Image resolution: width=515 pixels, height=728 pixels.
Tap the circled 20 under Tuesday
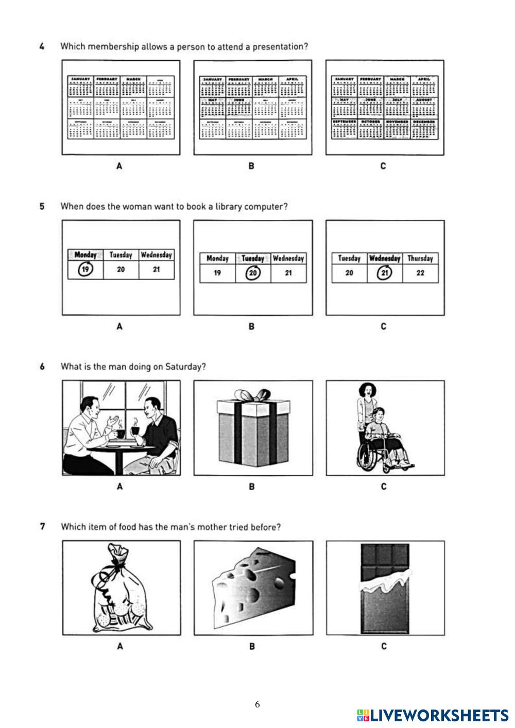point(252,273)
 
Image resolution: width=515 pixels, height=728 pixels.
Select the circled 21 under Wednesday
point(384,273)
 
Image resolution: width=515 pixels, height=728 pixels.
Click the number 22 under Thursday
point(420,273)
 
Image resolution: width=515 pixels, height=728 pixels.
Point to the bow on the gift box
point(252,396)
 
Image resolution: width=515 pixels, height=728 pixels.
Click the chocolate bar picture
point(385,588)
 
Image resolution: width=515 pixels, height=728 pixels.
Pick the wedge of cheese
point(253,584)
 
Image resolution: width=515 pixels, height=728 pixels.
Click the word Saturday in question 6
point(184,367)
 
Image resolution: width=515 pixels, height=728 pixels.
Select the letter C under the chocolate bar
point(384,646)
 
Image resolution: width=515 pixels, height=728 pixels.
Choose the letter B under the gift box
point(252,487)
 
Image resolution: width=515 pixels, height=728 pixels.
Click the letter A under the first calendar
point(119,166)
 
